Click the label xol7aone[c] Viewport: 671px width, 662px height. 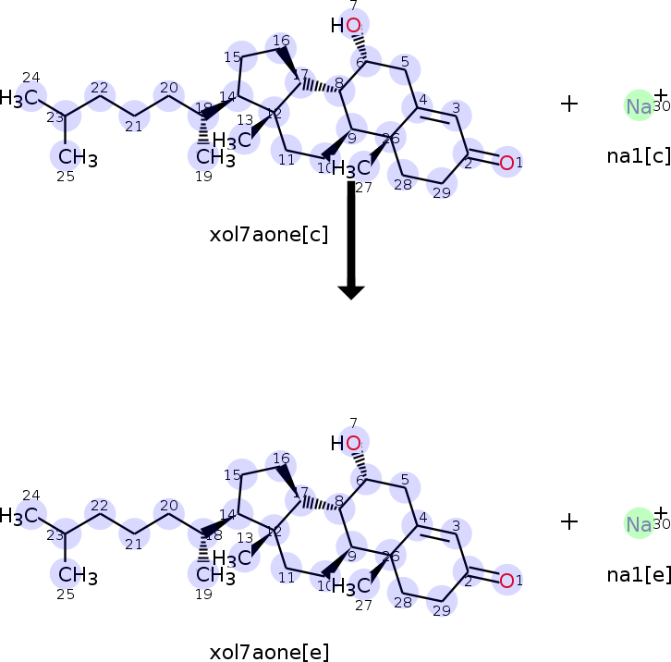click(269, 234)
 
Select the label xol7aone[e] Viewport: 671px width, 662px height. click(269, 653)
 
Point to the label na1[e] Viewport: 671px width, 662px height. click(639, 574)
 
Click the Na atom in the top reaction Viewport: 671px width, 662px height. click(639, 105)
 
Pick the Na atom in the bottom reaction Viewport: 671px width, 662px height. click(639, 524)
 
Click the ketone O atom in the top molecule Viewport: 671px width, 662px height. click(506, 163)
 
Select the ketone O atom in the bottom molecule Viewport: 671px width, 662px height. click(506, 581)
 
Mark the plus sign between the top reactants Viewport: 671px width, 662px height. click(569, 104)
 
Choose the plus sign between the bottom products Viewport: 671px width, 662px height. click(569, 521)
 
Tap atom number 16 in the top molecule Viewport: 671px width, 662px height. click(281, 44)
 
